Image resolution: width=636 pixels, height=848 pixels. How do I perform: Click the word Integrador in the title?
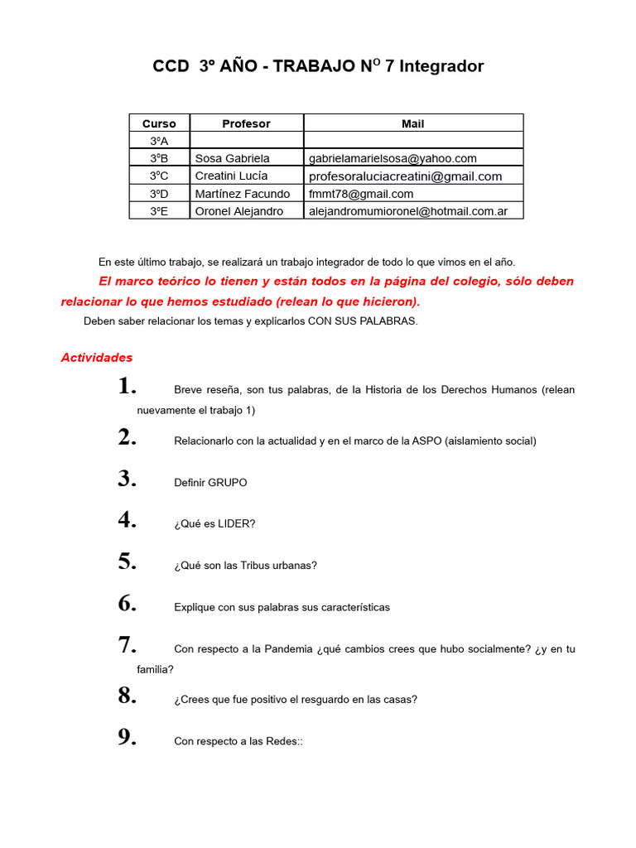click(441, 66)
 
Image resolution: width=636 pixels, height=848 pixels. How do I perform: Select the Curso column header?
click(159, 123)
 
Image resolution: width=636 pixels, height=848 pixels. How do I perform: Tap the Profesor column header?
click(246, 123)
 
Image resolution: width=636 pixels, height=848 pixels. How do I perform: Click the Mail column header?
click(412, 123)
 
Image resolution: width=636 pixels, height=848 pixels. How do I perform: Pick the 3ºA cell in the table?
click(159, 141)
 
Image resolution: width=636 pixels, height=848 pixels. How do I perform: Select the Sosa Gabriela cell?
click(232, 158)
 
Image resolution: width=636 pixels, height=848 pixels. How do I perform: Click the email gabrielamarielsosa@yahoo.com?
click(393, 158)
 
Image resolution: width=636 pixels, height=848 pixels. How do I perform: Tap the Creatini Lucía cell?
click(231, 176)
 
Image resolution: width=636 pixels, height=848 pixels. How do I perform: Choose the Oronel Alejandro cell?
click(238, 211)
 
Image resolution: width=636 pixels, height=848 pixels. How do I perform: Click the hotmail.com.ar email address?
click(408, 211)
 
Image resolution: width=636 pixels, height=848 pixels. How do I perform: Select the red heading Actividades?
click(97, 358)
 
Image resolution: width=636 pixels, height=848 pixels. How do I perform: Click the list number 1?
click(127, 386)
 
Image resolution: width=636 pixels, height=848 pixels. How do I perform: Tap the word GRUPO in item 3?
click(227, 483)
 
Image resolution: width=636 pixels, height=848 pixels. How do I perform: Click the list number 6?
click(127, 604)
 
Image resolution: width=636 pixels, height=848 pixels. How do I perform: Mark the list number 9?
click(127, 738)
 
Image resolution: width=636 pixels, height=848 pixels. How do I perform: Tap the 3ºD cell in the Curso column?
click(159, 194)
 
